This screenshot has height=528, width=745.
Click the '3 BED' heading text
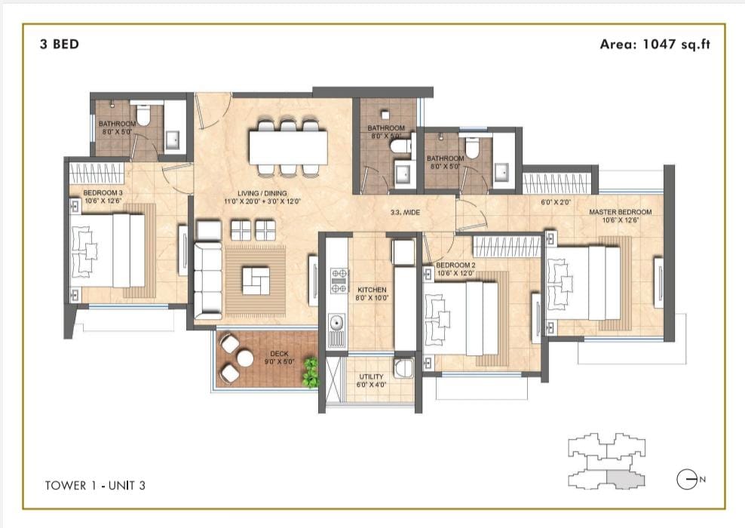pyautogui.click(x=60, y=45)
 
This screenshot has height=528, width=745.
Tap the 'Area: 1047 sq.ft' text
pyautogui.click(x=655, y=45)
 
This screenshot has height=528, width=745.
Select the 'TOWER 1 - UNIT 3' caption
pyautogui.click(x=95, y=485)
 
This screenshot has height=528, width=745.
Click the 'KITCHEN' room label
pyautogui.click(x=372, y=290)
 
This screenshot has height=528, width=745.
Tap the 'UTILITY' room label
pyautogui.click(x=371, y=377)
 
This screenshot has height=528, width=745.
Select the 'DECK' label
pyautogui.click(x=279, y=354)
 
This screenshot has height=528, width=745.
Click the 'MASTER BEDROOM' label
pyautogui.click(x=620, y=212)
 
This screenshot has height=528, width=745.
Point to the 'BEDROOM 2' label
pyautogui.click(x=455, y=266)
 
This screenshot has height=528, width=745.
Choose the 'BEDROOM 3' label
pyautogui.click(x=103, y=192)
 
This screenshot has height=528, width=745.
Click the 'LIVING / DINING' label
pyautogui.click(x=262, y=193)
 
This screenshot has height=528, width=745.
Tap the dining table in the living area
pyautogui.click(x=288, y=147)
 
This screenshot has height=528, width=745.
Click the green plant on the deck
pyautogui.click(x=310, y=372)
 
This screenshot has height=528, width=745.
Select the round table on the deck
pyautogui.click(x=245, y=358)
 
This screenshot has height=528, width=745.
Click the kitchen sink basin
pyautogui.click(x=337, y=324)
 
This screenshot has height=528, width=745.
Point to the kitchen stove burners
pyautogui.click(x=339, y=281)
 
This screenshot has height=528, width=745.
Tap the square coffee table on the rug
pyautogui.click(x=256, y=281)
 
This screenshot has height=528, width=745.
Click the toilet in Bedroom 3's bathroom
pyautogui.click(x=143, y=113)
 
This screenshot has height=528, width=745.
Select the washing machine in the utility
pyautogui.click(x=404, y=368)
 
